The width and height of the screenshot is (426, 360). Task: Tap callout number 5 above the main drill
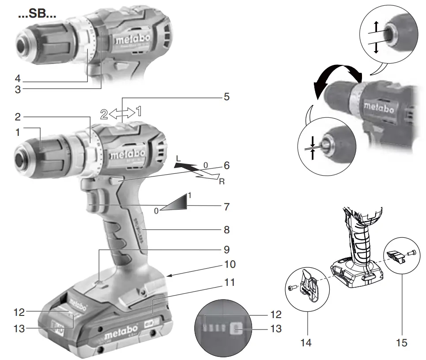(226, 96)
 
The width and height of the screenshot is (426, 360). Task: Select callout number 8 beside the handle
(226, 230)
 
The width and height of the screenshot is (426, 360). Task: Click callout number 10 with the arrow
(230, 265)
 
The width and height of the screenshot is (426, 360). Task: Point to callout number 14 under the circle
(306, 342)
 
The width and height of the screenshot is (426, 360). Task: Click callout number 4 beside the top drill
(17, 79)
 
